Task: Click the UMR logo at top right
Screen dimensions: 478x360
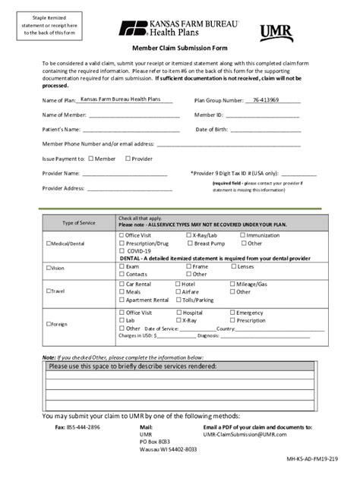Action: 276,33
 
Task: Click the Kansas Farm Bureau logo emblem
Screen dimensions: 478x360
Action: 130,29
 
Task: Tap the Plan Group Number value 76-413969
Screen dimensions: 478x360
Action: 265,99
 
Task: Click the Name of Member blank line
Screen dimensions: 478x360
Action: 134,116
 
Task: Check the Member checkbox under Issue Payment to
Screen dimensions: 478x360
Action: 90,159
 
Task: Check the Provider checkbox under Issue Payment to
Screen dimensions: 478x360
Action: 128,159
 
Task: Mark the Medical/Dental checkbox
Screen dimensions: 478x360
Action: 49,244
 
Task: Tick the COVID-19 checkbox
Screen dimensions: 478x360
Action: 122,250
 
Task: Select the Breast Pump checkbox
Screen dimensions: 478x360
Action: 188,244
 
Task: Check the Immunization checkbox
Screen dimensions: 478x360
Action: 242,235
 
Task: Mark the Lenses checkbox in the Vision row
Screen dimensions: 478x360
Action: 233,266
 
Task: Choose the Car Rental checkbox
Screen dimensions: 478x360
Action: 122,284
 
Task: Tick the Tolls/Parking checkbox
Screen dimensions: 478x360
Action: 177,300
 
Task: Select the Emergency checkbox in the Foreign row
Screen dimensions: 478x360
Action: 232,313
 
